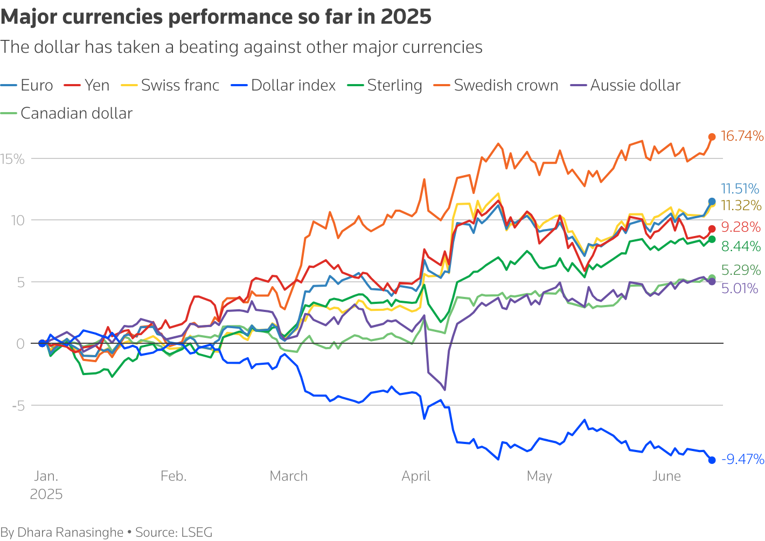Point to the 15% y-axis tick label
(x=12, y=159)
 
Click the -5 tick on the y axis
(x=18, y=405)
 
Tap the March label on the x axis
(x=289, y=476)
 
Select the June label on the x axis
(x=666, y=476)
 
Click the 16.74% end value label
(x=742, y=136)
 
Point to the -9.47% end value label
(x=743, y=460)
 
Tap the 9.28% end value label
(x=741, y=227)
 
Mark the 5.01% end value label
(x=740, y=289)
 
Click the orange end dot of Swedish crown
(x=712, y=137)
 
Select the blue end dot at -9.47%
(x=712, y=460)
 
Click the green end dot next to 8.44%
(x=712, y=239)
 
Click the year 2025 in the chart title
(x=406, y=17)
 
